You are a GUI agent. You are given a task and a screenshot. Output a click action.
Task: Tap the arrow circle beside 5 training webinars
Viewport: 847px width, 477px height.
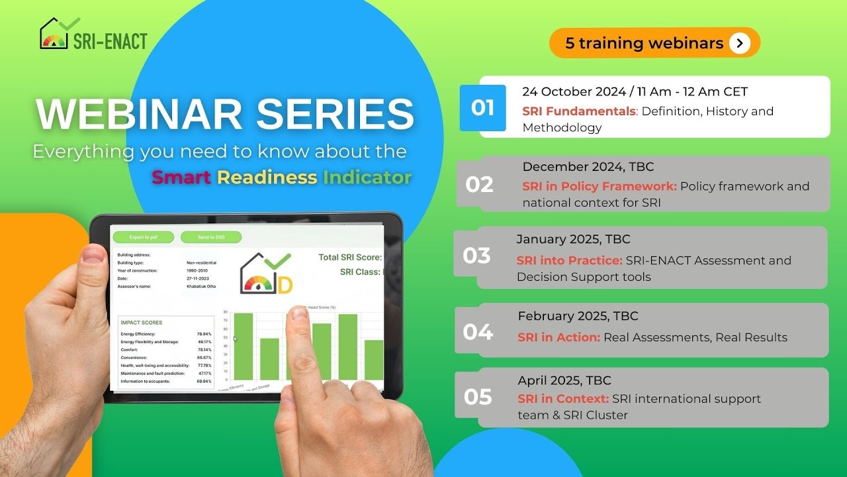(740, 43)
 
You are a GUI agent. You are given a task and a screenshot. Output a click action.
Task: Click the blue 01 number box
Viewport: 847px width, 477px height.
(482, 108)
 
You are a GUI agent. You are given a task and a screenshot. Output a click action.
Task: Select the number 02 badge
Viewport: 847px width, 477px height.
(479, 184)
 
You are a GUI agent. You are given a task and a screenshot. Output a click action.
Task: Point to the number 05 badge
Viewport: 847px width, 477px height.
(478, 397)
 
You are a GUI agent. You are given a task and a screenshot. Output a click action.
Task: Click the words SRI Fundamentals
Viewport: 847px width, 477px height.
(578, 111)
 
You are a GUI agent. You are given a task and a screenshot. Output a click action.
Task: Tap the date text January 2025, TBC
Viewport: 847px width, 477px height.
(573, 239)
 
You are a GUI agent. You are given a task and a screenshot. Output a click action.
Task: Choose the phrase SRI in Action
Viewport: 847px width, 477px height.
(558, 337)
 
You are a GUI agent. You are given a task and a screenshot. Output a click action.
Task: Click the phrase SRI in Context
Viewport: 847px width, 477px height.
(562, 399)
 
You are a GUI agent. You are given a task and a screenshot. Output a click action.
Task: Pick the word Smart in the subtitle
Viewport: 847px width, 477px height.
(181, 178)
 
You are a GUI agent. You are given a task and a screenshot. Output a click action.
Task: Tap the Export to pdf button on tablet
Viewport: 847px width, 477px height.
(143, 237)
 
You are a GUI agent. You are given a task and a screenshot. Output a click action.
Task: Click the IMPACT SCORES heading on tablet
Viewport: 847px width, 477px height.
(142, 323)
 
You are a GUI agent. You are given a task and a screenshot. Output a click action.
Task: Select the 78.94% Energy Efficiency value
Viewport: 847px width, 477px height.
(204, 334)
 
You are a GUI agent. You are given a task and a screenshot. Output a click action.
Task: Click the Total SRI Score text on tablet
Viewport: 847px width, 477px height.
(349, 257)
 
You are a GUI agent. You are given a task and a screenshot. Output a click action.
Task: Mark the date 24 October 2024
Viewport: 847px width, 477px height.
(573, 92)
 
